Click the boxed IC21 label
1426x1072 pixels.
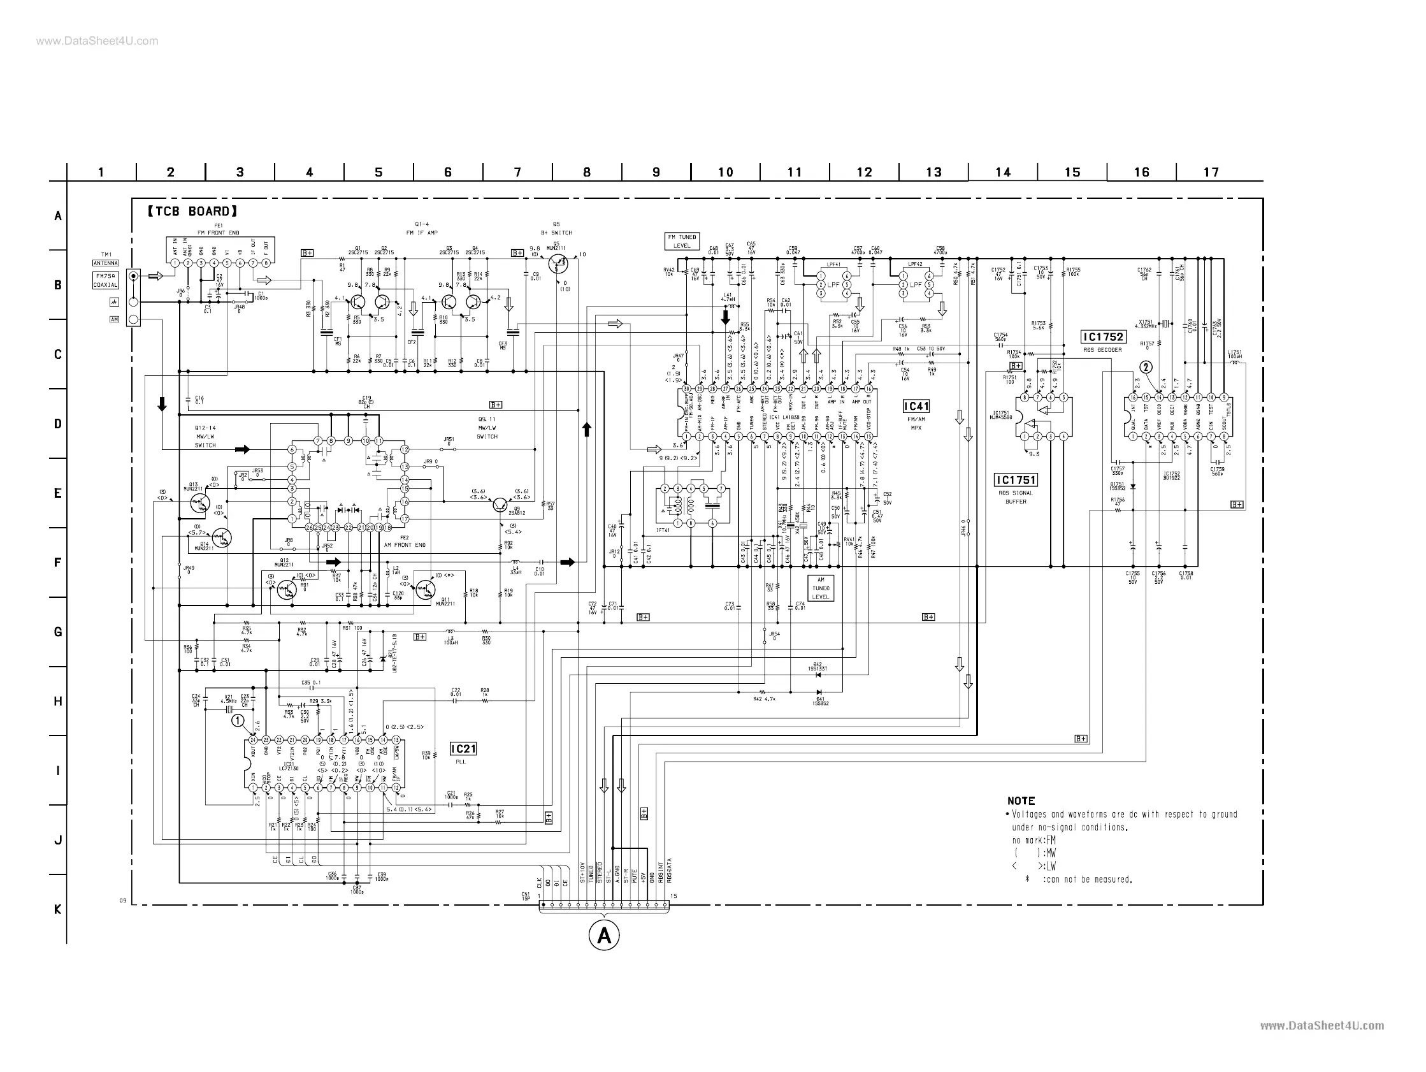[x=463, y=748]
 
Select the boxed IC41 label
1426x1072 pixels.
[x=916, y=406]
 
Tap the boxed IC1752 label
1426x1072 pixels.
[x=1103, y=337]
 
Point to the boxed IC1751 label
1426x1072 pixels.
[x=1016, y=480]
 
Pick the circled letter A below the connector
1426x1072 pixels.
[x=604, y=934]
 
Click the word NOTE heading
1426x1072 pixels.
[x=1021, y=800]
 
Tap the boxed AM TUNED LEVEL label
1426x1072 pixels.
[x=821, y=588]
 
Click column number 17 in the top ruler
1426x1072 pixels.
[x=1211, y=172]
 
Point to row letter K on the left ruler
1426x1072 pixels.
[x=58, y=909]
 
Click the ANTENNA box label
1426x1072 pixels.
[x=106, y=263]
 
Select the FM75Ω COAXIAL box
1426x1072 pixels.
[x=106, y=280]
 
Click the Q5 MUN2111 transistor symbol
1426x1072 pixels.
[x=558, y=264]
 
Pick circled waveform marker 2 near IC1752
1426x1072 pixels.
[x=1146, y=368]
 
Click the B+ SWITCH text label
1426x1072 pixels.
[x=556, y=233]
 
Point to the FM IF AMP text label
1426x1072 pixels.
[x=422, y=233]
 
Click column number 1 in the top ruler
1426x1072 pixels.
[x=101, y=172]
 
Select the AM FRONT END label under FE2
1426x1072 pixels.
[x=404, y=545]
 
